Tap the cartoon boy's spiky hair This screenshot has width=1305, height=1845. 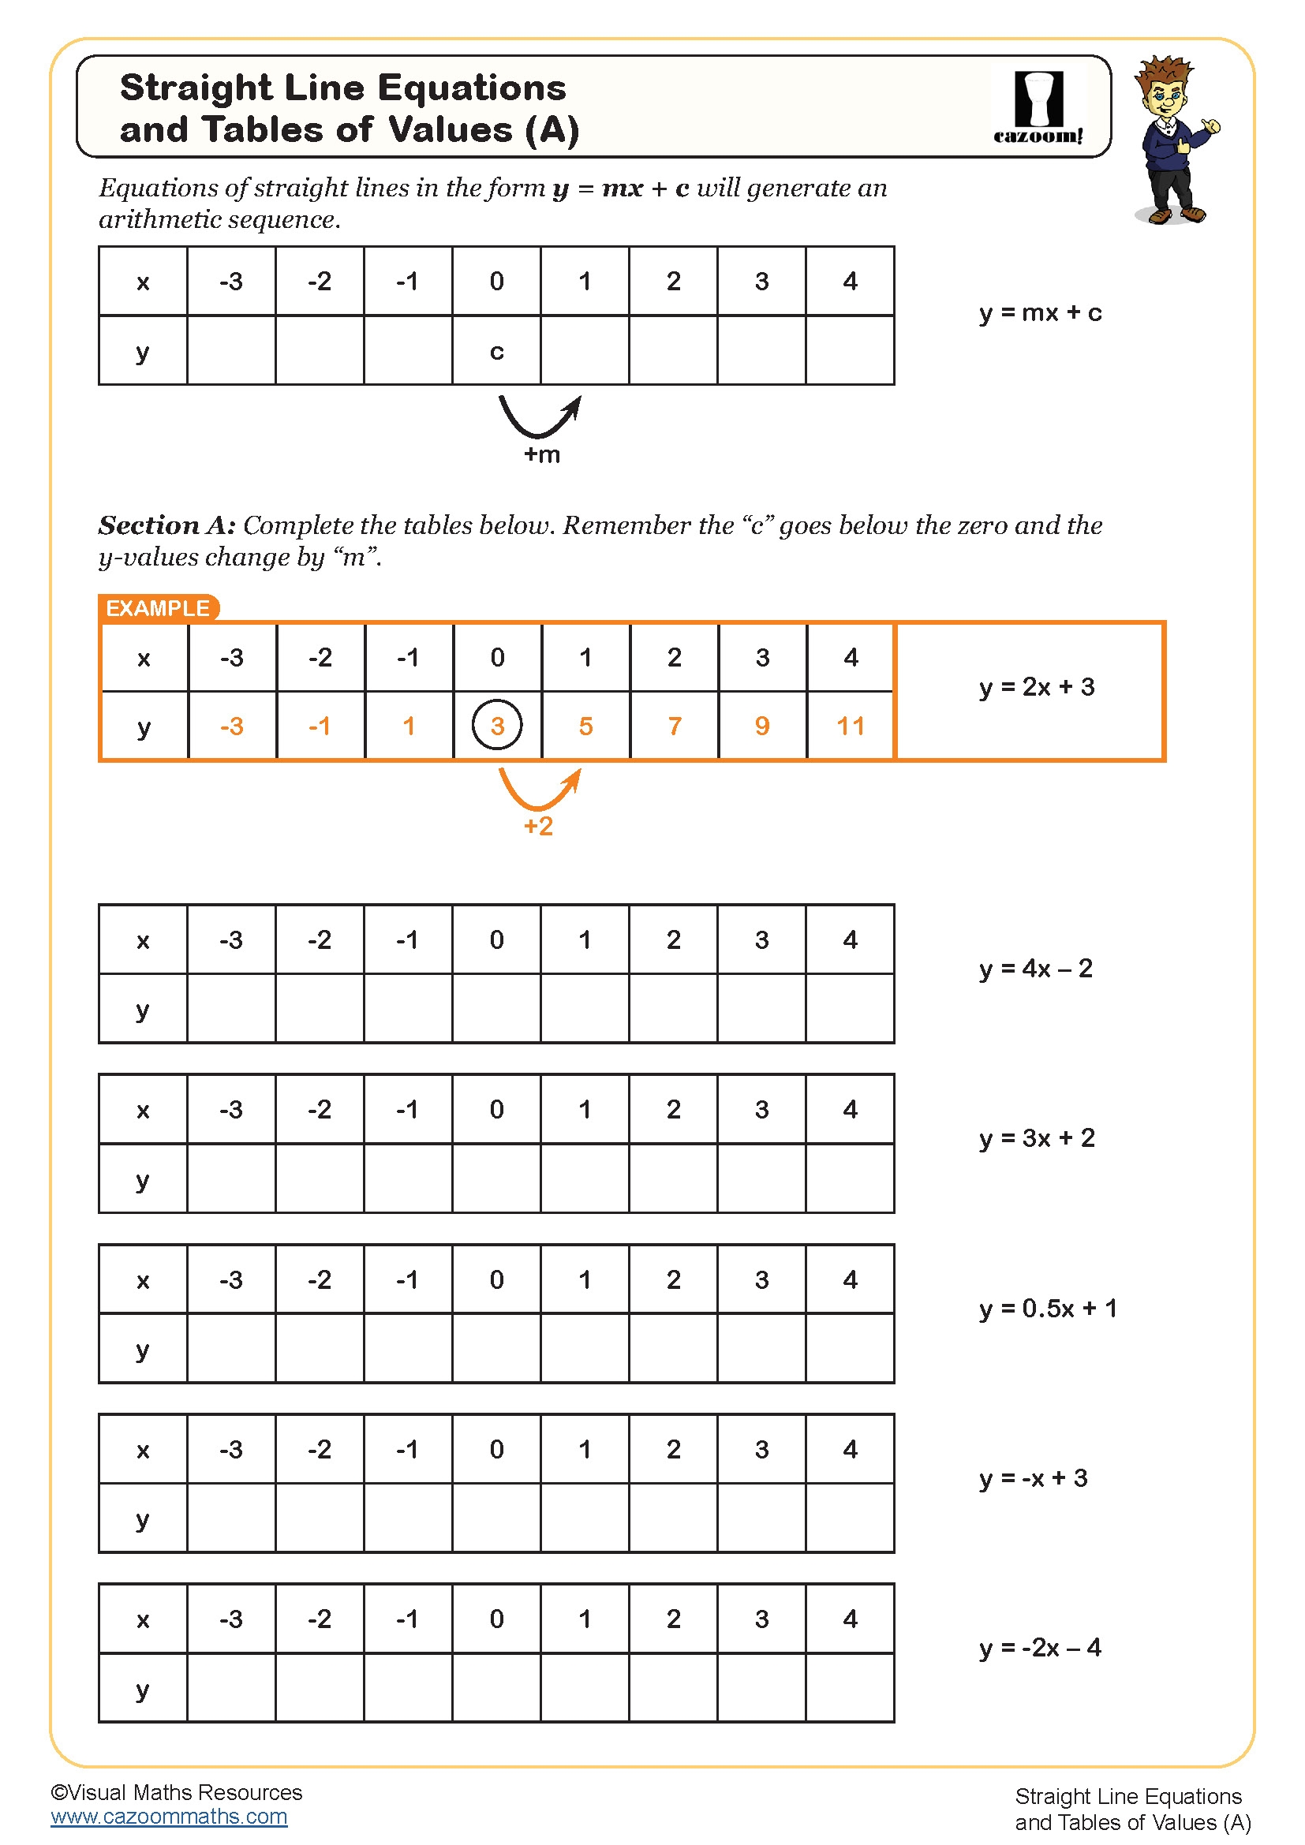click(1165, 72)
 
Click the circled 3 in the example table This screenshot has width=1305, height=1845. click(496, 726)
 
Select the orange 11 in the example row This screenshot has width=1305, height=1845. click(851, 726)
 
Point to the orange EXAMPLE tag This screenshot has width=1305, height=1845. click(158, 608)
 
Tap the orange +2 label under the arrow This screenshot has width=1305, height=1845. click(538, 826)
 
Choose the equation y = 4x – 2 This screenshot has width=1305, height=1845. click(1036, 969)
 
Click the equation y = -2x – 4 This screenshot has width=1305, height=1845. click(1040, 1648)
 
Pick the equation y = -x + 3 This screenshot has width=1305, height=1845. click(1034, 1478)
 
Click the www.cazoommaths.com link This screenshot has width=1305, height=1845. click(169, 1817)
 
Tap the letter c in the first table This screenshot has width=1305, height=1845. click(496, 352)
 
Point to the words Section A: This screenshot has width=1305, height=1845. click(167, 525)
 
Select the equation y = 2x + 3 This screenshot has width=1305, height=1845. click(1037, 687)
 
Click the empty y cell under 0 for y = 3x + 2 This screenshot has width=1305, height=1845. click(496, 1178)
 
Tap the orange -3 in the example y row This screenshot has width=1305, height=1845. click(231, 726)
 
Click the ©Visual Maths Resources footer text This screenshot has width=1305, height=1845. click(176, 1793)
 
